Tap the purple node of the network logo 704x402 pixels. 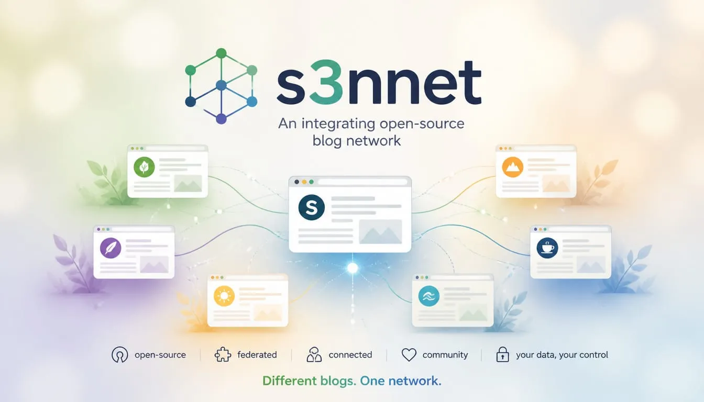click(x=221, y=119)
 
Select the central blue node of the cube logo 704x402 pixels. click(x=221, y=85)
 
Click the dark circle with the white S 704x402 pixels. click(x=312, y=207)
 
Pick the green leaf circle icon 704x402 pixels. click(x=144, y=167)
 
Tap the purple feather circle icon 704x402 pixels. click(x=111, y=248)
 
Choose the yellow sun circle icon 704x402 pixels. click(x=224, y=296)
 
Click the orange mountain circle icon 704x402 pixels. click(x=513, y=167)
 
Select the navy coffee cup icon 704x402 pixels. click(x=547, y=248)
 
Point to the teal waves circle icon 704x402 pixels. click(x=429, y=296)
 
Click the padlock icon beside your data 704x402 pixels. click(x=502, y=355)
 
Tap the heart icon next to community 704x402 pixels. click(x=409, y=355)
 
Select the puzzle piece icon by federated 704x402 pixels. click(x=223, y=355)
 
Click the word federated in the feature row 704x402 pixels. click(x=257, y=355)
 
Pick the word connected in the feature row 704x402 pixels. click(x=350, y=355)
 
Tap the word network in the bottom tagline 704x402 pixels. click(x=415, y=381)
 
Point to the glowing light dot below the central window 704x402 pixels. click(x=353, y=268)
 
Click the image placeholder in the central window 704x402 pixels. click(x=380, y=232)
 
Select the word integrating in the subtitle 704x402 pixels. click(x=338, y=124)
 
